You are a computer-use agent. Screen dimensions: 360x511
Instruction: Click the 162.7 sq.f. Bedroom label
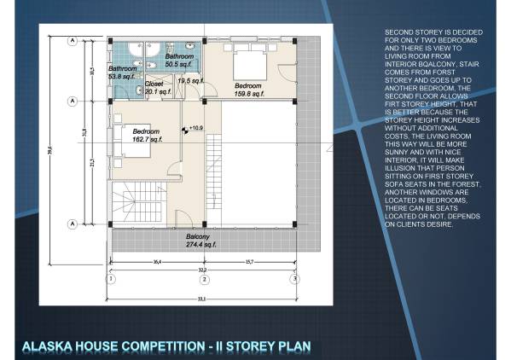tap(143, 135)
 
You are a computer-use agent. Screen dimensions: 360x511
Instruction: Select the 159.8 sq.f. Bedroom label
tap(247, 89)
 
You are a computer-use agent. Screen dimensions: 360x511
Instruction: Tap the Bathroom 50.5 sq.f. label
tap(179, 60)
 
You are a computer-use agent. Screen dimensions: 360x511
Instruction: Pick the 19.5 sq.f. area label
tap(190, 81)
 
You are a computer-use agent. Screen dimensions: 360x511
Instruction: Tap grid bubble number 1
tap(109, 278)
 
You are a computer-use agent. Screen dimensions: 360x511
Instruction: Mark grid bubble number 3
tap(294, 278)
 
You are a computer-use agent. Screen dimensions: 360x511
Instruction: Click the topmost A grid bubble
tap(73, 40)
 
